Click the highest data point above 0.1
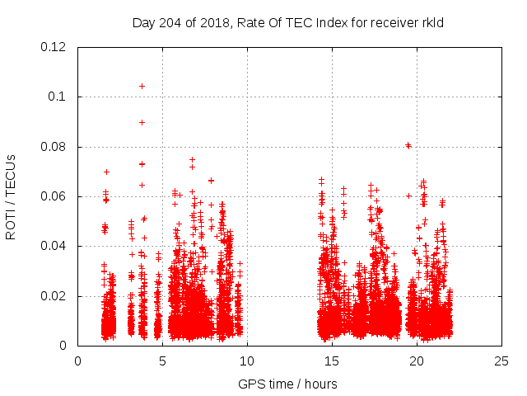pos(142,86)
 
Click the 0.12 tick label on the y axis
pos(54,47)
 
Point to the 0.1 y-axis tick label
pos(58,97)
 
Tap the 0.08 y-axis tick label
pos(54,147)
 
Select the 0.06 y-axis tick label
pos(54,196)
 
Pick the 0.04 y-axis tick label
pos(54,246)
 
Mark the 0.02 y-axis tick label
pos(54,296)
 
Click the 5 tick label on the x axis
pos(162,361)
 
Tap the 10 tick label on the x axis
pos(247,361)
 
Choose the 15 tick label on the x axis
pos(332,361)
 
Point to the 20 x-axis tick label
pos(417,361)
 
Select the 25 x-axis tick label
pos(501,361)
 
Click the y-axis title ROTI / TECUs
pos(11,196)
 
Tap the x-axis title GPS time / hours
pos(287,384)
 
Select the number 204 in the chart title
pos(170,23)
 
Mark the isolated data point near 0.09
pos(142,122)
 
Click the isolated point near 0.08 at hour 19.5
pos(408,145)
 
